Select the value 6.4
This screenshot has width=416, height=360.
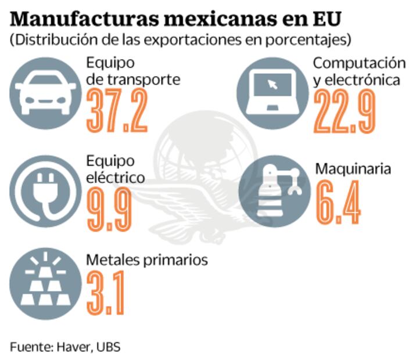tap(339, 203)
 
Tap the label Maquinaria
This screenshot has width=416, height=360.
tap(353, 170)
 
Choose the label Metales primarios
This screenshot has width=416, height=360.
tap(146, 260)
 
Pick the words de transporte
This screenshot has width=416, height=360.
tap(133, 80)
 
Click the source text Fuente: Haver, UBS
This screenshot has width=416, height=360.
tap(65, 346)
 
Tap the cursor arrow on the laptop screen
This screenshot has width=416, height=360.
tap(271, 85)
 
